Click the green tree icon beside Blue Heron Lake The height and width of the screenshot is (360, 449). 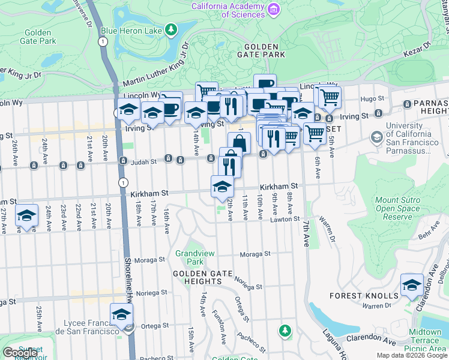(172, 29)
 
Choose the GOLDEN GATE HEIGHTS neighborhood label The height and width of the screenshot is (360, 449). (197, 277)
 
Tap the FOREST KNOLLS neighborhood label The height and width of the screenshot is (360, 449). (364, 296)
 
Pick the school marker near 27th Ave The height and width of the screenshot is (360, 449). (26, 217)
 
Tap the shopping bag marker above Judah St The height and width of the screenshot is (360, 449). (239, 143)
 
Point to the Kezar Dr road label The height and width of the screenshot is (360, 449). (419, 45)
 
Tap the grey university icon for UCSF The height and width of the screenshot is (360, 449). (376, 137)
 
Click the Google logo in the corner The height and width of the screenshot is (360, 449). (20, 353)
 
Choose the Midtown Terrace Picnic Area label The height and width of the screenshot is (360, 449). (425, 340)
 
